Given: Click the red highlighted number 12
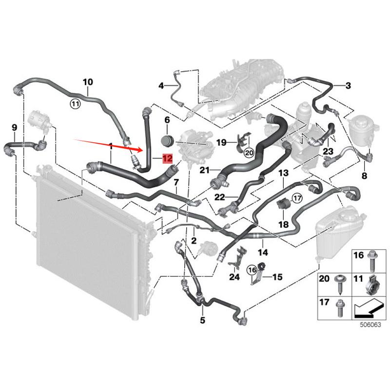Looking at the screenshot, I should (168, 158).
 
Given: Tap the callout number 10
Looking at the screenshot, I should (88, 82).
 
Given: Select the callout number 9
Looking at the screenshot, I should (14, 128).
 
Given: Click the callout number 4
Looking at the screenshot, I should (161, 86).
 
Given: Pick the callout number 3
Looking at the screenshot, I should (348, 86).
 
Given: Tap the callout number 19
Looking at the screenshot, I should (221, 142).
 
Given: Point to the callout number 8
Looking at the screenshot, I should (364, 175).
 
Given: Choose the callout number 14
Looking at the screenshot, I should (263, 253).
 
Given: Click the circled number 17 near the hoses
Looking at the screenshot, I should (297, 197).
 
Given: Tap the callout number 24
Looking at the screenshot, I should (234, 277).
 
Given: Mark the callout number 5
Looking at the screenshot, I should (203, 320).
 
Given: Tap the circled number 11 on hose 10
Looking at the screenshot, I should (75, 103).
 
